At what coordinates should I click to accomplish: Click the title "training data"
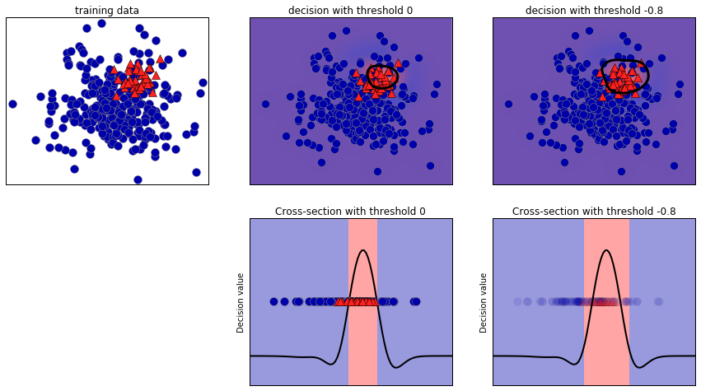pyautogui.click(x=107, y=11)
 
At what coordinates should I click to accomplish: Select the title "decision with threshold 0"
pyautogui.click(x=350, y=11)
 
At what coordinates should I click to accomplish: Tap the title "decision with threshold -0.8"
pyautogui.click(x=594, y=11)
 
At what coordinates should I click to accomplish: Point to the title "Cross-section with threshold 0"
pyautogui.click(x=350, y=212)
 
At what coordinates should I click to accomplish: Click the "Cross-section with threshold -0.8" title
pyautogui.click(x=594, y=212)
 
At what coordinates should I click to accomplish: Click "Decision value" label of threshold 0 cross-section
pyautogui.click(x=241, y=302)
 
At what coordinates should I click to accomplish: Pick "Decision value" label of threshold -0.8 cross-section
pyautogui.click(x=484, y=302)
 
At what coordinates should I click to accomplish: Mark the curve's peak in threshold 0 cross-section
pyautogui.click(x=363, y=250)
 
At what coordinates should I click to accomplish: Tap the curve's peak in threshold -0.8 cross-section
pyautogui.click(x=607, y=250)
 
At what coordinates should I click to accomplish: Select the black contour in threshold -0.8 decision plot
pyautogui.click(x=648, y=76)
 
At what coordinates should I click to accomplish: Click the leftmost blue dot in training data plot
pyautogui.click(x=12, y=104)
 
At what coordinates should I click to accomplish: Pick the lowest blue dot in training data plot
pyautogui.click(x=138, y=179)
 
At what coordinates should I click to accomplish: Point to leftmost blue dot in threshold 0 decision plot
pyautogui.click(x=265, y=104)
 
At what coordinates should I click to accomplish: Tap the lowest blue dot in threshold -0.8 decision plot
pyautogui.click(x=620, y=171)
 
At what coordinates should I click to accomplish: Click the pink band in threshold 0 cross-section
pyautogui.click(x=363, y=346)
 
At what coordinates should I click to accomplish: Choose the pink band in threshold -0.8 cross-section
pyautogui.click(x=607, y=346)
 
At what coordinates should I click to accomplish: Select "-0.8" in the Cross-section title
pyautogui.click(x=665, y=212)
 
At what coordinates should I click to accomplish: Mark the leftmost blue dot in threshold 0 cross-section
pyautogui.click(x=273, y=302)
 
